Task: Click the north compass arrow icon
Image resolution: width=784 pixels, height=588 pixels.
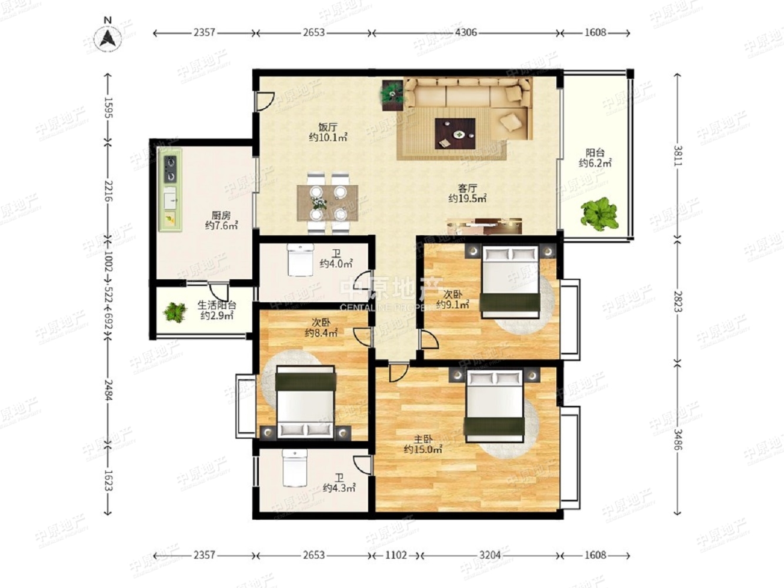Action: (x=108, y=37)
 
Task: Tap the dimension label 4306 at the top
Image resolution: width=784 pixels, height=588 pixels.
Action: (x=466, y=33)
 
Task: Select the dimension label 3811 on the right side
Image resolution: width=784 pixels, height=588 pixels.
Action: (x=677, y=155)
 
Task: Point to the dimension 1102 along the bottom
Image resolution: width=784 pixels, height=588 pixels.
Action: (x=396, y=555)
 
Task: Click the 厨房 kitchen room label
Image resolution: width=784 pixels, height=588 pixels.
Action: (x=221, y=215)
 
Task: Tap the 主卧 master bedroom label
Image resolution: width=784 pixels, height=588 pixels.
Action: (x=423, y=439)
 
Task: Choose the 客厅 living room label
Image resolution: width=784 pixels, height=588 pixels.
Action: (x=468, y=188)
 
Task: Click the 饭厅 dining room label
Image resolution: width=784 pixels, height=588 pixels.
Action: (x=328, y=127)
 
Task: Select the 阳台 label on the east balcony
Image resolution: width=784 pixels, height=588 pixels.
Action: (x=595, y=153)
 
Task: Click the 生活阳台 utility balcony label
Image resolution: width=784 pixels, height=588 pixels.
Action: (x=217, y=305)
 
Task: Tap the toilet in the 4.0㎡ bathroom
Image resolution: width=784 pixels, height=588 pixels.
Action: (x=300, y=260)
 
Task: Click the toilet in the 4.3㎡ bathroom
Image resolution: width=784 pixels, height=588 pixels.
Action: (x=295, y=467)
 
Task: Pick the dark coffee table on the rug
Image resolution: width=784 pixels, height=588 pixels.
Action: (x=455, y=133)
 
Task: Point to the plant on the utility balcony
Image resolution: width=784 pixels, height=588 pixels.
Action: (x=175, y=312)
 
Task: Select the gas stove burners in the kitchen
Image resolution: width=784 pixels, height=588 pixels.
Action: (x=171, y=169)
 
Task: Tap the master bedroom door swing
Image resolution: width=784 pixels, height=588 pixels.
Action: (x=398, y=373)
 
